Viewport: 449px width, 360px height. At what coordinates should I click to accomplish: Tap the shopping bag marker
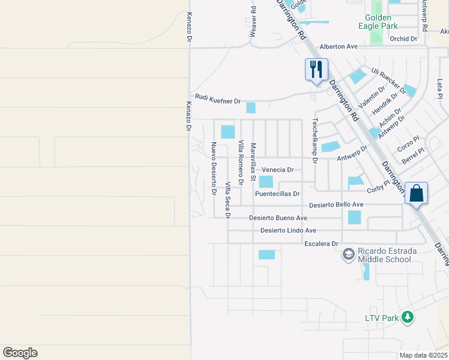point(416,193)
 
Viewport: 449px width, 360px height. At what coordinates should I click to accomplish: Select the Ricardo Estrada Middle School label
point(384,255)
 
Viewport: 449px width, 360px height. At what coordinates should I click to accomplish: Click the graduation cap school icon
point(348,255)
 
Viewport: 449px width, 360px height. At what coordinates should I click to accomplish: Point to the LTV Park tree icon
point(408,317)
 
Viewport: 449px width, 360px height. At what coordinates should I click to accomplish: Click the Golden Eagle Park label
point(382,22)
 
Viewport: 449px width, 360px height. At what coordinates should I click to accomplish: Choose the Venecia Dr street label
point(277,170)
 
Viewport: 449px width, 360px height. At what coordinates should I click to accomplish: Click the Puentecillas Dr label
point(277,194)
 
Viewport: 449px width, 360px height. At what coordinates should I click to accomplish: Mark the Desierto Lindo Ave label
point(288,230)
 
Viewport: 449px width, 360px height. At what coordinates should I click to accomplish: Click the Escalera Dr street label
point(322,244)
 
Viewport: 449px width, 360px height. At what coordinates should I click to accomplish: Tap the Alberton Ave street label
point(339,46)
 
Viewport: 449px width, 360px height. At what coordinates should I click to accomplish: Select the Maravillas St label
point(253,162)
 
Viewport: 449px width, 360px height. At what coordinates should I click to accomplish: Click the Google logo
point(20,352)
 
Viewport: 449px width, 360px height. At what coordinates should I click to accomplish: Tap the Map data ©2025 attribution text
point(423,355)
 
